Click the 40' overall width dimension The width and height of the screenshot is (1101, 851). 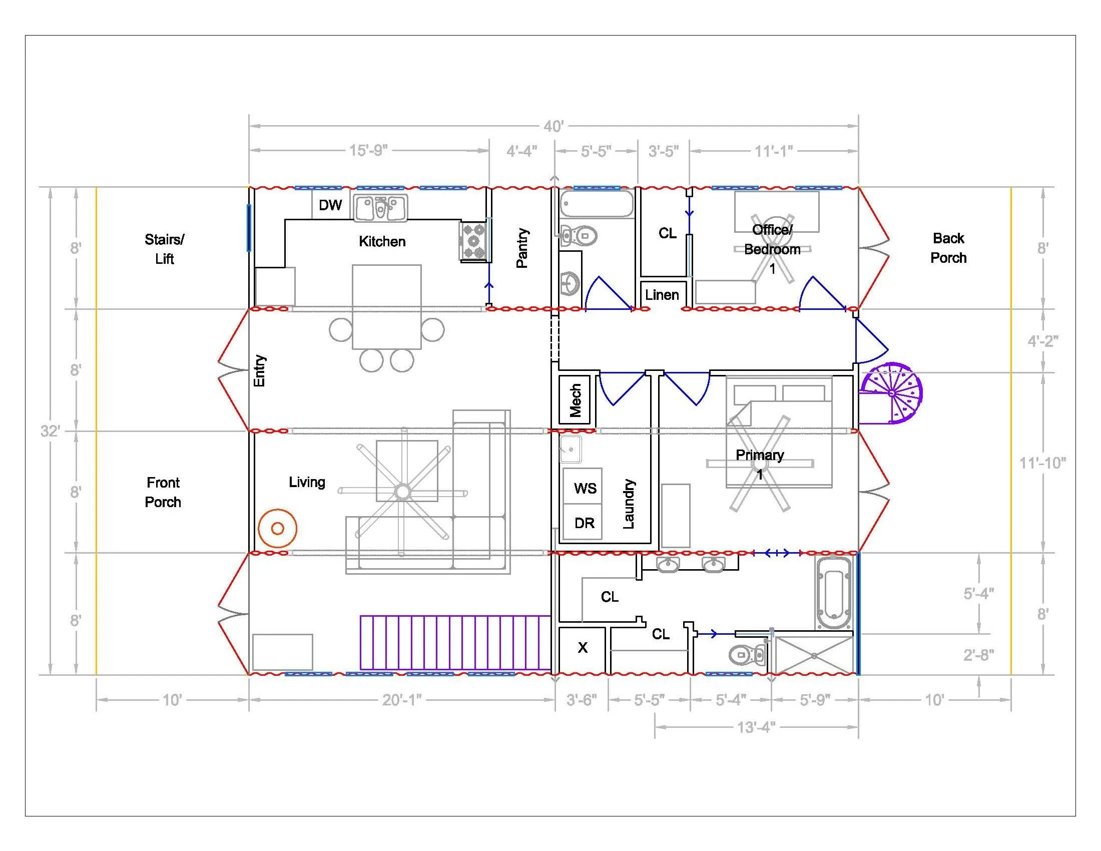[553, 126]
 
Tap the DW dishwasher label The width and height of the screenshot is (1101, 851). [330, 205]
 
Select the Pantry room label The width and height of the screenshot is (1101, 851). [522, 247]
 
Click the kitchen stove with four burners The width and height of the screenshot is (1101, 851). [474, 241]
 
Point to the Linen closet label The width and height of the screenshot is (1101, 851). [662, 295]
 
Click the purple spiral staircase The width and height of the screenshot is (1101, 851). [891, 393]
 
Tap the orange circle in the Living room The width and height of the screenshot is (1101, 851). [277, 528]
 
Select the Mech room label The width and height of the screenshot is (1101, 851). [575, 401]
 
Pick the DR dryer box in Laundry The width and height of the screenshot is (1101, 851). [582, 522]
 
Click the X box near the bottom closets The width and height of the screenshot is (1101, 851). [582, 648]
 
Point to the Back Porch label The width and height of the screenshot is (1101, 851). [948, 248]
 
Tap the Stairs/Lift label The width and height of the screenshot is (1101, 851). [164, 249]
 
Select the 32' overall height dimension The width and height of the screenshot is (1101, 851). [51, 431]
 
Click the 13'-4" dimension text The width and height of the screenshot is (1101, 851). [756, 727]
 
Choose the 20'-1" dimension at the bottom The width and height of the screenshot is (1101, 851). [402, 700]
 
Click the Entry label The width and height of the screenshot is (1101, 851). [259, 370]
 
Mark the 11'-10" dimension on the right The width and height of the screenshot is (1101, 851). [1042, 463]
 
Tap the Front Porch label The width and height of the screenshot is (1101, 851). [163, 493]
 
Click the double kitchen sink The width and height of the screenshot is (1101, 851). [381, 208]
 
